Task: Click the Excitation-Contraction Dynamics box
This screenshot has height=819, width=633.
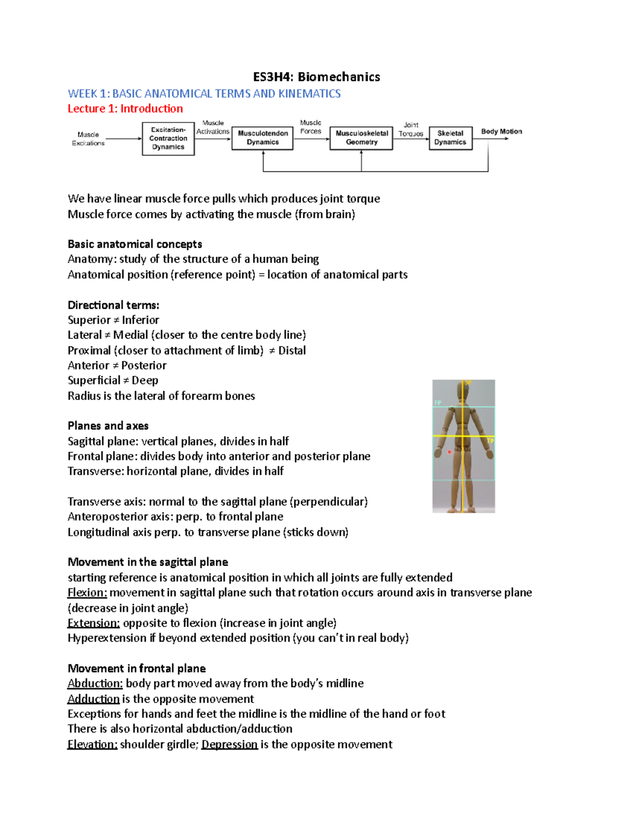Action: [168, 139]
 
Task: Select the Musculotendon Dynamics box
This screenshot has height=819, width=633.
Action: [262, 138]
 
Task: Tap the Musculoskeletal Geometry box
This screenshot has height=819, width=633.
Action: [361, 138]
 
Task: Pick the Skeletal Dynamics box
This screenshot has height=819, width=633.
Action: [450, 138]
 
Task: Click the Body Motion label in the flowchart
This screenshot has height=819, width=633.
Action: [501, 131]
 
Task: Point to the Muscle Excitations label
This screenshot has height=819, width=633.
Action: [88, 139]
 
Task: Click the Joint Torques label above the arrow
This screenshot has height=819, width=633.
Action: [411, 129]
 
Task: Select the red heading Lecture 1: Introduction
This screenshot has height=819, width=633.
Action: [125, 109]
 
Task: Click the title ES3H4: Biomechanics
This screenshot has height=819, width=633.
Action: [316, 77]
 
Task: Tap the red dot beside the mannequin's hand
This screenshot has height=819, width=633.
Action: [449, 452]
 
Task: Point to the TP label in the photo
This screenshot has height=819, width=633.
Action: [490, 441]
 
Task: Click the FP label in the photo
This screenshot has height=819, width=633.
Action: [437, 403]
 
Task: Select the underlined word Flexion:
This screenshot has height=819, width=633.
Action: [87, 593]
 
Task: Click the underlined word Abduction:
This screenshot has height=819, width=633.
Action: [95, 683]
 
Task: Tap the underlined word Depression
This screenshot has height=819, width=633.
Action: [229, 745]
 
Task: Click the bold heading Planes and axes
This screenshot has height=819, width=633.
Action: [108, 426]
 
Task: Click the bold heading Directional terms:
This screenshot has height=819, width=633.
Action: [113, 305]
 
